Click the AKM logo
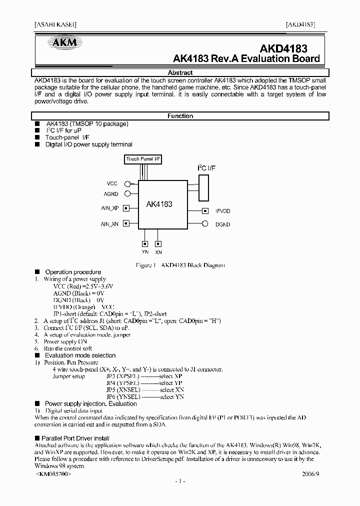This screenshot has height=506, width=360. click(62, 42)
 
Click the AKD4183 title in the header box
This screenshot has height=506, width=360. click(283, 48)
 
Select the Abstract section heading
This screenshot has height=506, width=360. click(180, 72)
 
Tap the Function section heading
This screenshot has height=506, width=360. click(180, 116)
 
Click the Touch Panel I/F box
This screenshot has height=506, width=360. click(143, 159)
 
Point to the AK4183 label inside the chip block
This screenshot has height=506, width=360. click(159, 204)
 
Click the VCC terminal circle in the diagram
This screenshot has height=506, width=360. click(127, 183)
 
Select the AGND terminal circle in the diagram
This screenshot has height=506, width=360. click(127, 193)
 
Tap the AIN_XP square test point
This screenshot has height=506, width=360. click(126, 208)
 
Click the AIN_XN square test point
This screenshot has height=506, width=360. click(126, 223)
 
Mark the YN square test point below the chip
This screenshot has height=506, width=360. click(145, 244)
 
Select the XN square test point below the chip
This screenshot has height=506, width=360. click(158, 244)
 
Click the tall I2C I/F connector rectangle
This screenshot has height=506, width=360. click(203, 185)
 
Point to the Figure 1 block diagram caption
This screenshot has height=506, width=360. click(180, 265)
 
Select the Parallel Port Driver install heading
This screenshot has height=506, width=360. click(75, 438)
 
